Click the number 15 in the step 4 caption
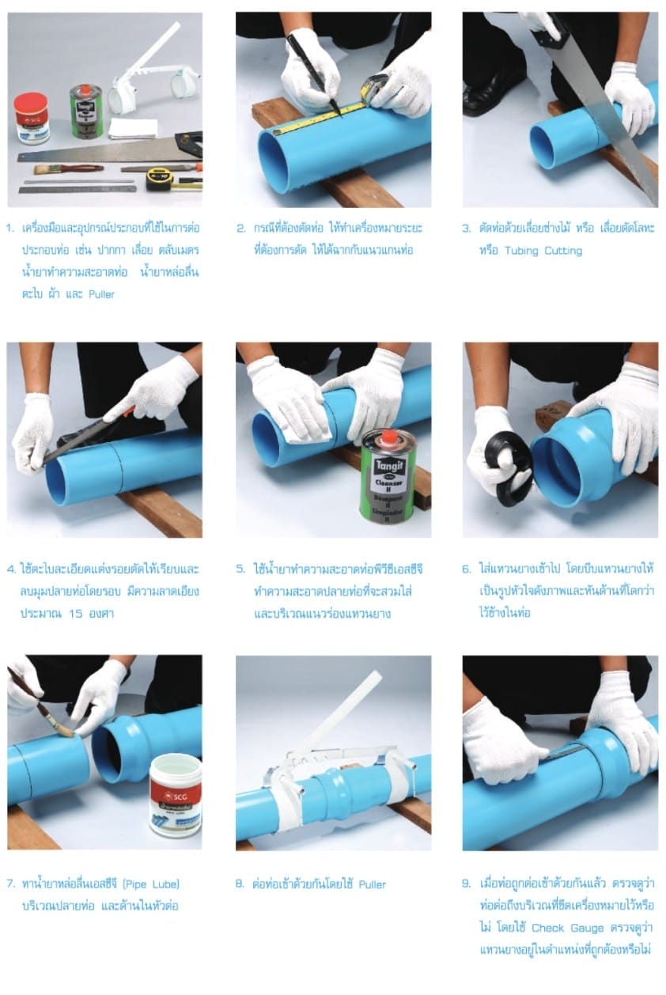coord(76,614)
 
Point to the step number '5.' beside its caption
coord(240,569)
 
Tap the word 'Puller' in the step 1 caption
coord(101,294)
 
